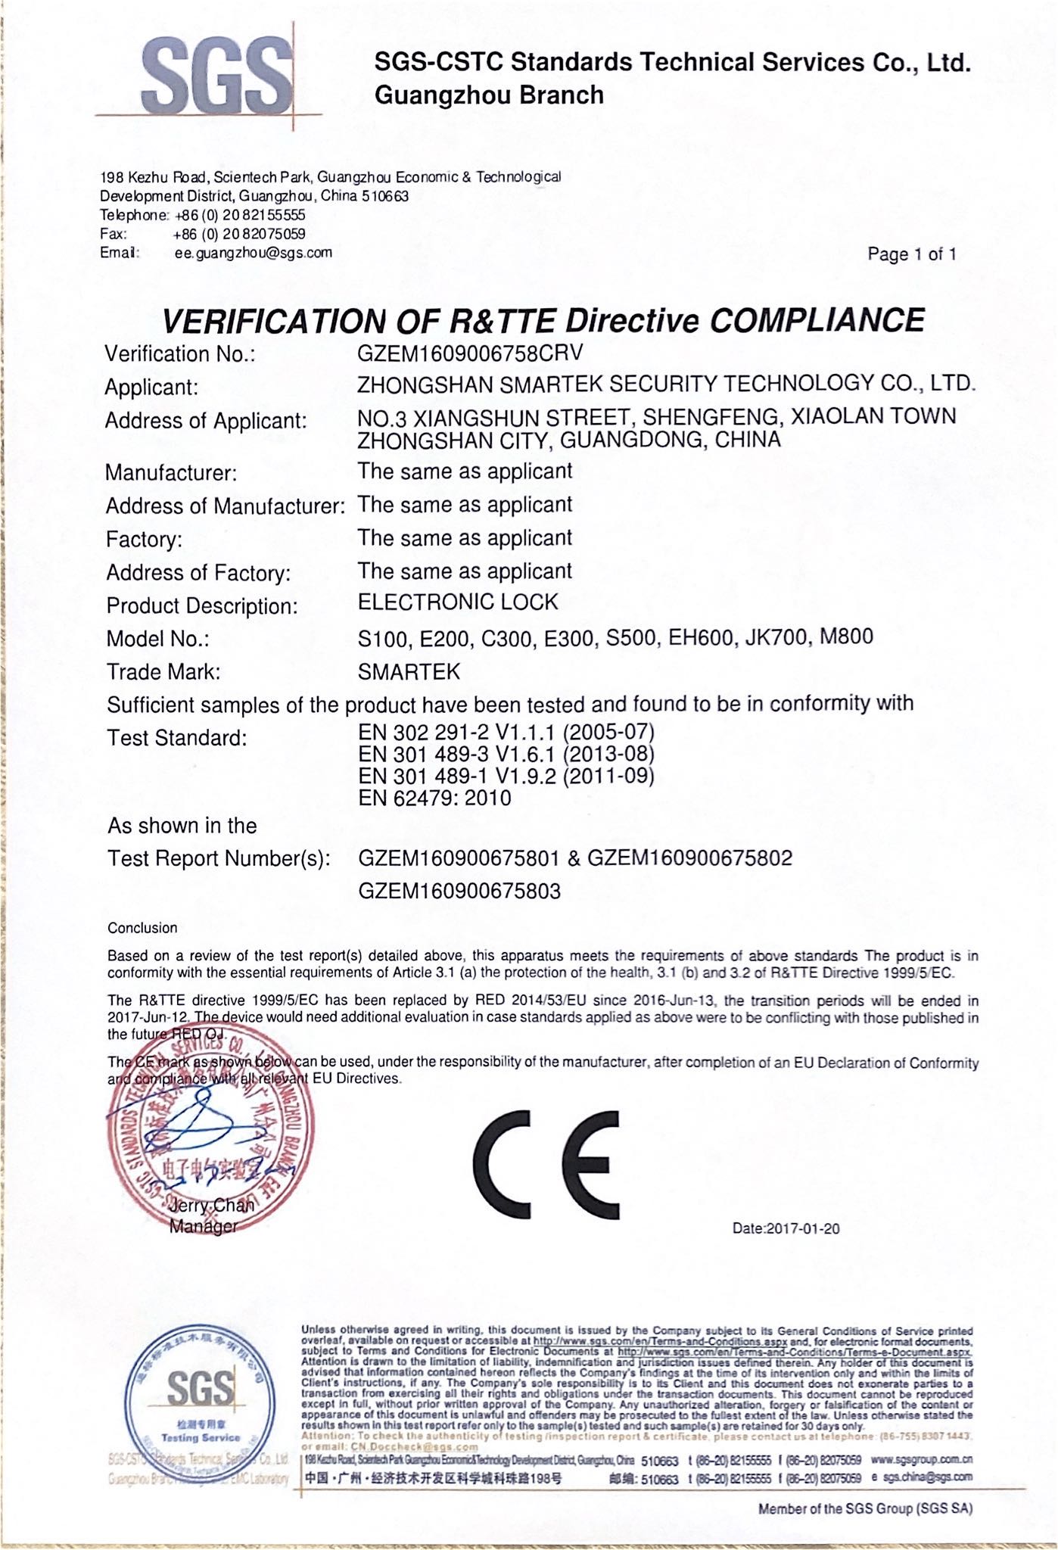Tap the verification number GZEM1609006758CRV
(470, 353)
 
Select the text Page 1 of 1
(911, 254)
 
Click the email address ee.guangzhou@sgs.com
(253, 253)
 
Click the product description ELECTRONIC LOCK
(458, 602)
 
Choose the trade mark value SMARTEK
(409, 671)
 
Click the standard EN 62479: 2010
(434, 798)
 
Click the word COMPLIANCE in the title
(817, 320)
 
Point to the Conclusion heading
(142, 928)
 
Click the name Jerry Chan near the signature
(212, 1206)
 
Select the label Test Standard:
(177, 738)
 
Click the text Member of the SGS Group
(865, 1508)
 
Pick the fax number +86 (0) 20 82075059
(239, 234)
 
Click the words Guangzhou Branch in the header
(489, 95)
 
